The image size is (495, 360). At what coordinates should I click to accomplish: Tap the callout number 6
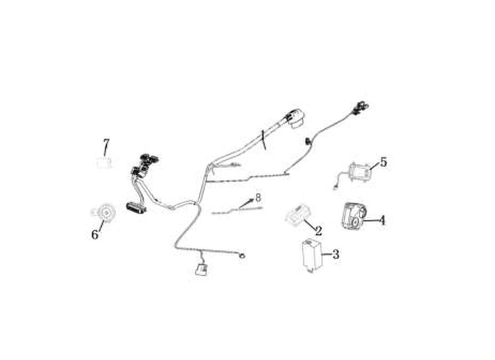click(94, 234)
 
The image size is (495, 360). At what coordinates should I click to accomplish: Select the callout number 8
click(258, 198)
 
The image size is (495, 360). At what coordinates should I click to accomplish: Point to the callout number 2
click(319, 231)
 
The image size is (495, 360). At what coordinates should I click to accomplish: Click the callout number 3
click(336, 254)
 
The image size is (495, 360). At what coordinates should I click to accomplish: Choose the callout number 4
click(382, 220)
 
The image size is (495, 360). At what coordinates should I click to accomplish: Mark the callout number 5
click(383, 162)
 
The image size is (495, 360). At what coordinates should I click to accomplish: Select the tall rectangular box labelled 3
click(311, 255)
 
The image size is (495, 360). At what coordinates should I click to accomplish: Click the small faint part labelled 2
click(298, 214)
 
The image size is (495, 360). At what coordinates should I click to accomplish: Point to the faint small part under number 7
click(104, 163)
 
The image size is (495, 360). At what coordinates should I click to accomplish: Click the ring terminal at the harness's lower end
click(243, 256)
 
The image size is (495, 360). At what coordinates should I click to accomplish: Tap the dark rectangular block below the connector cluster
click(136, 207)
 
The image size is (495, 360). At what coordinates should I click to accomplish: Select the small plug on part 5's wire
click(335, 189)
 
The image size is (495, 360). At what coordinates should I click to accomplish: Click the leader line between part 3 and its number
click(327, 254)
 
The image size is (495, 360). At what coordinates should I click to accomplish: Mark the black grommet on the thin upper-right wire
click(307, 141)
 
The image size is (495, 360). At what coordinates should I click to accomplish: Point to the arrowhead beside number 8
click(252, 200)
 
